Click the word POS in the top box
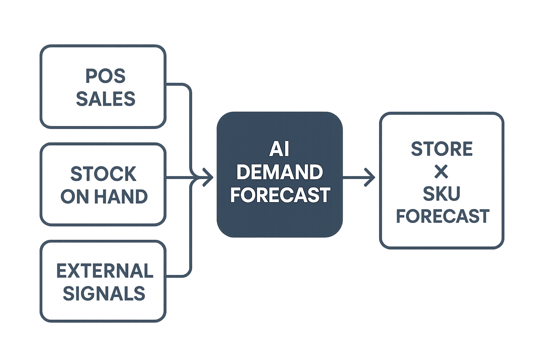coord(105,76)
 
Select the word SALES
coord(105,99)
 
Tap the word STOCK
coord(103,174)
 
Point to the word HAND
coord(121,196)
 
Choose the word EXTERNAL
coord(105,271)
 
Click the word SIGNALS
coord(104,293)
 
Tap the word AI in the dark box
coord(279,149)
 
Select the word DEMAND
coord(279,172)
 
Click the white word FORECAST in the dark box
coord(280,194)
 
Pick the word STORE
coord(442,149)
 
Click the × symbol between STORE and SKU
coord(441,172)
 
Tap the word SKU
coord(442,193)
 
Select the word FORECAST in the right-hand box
coord(443,216)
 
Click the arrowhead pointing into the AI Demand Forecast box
coord(208,178)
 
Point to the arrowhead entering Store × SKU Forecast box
coord(369,178)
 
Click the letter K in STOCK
coord(130,174)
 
